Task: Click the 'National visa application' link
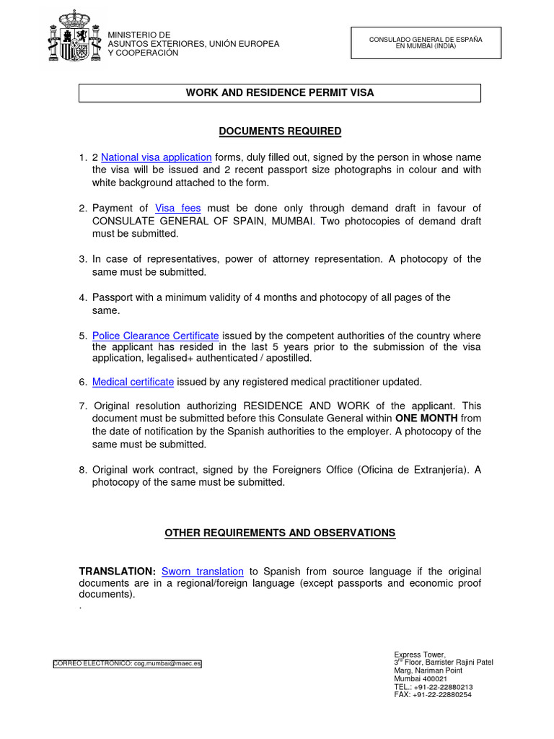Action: (x=157, y=157)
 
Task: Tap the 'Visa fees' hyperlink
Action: (x=178, y=208)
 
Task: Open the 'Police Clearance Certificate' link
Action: (x=156, y=336)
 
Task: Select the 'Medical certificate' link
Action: (x=133, y=382)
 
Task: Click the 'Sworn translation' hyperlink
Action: (x=203, y=572)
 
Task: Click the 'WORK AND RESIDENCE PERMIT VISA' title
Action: (x=280, y=92)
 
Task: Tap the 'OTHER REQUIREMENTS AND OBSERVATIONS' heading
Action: (x=280, y=533)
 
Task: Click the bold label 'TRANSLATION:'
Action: (x=118, y=572)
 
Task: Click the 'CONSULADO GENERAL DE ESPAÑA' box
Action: (x=426, y=43)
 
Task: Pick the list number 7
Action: (x=83, y=406)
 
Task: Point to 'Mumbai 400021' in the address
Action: (x=420, y=679)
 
